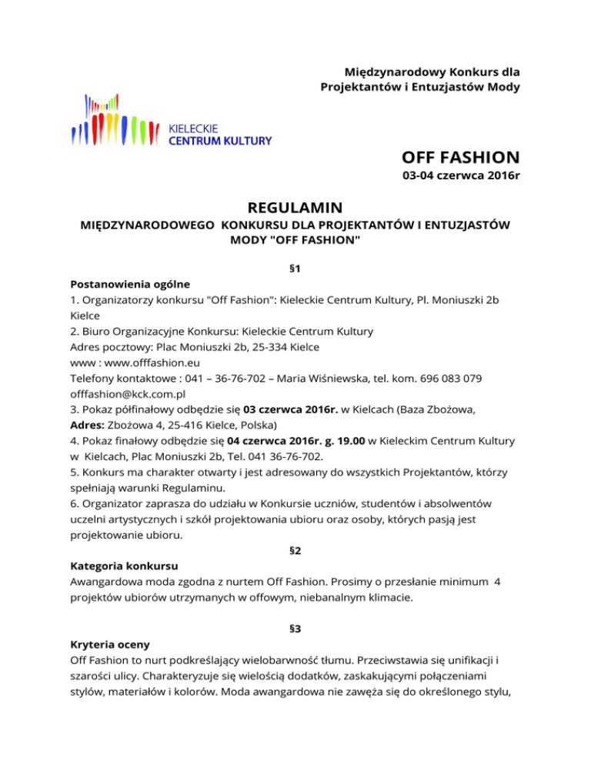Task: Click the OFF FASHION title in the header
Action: coord(460,158)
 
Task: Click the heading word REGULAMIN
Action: coord(295,208)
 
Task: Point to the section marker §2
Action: coord(295,550)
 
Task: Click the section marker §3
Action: coord(295,628)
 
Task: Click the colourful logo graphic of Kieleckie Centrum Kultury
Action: coord(115,121)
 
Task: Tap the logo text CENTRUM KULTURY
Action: coord(219,141)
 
